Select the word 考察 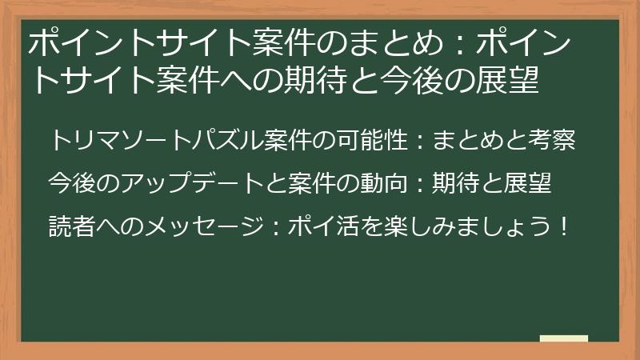point(551,142)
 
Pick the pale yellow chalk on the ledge point(563,338)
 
